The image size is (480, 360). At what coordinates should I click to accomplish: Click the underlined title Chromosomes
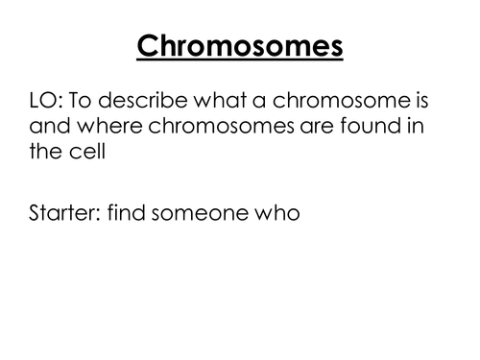pyautogui.click(x=240, y=45)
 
